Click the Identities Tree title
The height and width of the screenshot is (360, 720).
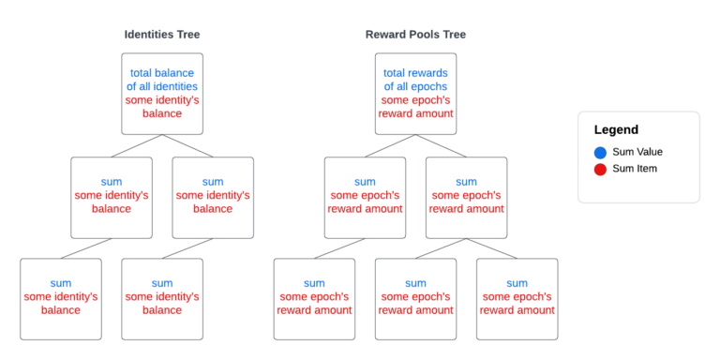(x=162, y=35)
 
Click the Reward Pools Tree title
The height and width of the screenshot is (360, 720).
(x=415, y=35)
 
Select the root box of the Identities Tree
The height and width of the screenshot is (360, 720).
(x=162, y=93)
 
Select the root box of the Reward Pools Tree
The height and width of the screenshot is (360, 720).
(x=415, y=93)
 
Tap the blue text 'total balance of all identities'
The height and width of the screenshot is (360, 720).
(x=162, y=80)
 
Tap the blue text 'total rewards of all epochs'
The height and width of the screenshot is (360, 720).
(x=415, y=80)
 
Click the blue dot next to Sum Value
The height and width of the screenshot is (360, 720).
(x=600, y=152)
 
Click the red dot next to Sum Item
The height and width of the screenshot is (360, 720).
(x=600, y=169)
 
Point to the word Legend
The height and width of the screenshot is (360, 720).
(x=616, y=129)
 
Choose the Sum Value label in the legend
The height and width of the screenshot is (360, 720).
(x=637, y=152)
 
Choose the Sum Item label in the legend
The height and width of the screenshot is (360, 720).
(x=635, y=169)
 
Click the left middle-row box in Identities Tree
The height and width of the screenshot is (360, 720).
(x=112, y=197)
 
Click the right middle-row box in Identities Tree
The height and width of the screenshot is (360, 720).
(x=213, y=197)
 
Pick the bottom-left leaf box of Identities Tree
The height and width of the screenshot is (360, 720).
(x=61, y=298)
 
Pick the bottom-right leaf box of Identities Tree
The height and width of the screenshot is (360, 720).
(x=162, y=298)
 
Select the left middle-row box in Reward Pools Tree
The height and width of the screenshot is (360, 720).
(x=365, y=197)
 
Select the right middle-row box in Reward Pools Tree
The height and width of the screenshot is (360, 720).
(x=466, y=197)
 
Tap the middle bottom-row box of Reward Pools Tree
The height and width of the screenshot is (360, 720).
(x=415, y=298)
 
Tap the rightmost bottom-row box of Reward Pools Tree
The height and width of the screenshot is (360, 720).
(x=517, y=298)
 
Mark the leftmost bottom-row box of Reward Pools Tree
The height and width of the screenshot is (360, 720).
(x=314, y=298)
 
